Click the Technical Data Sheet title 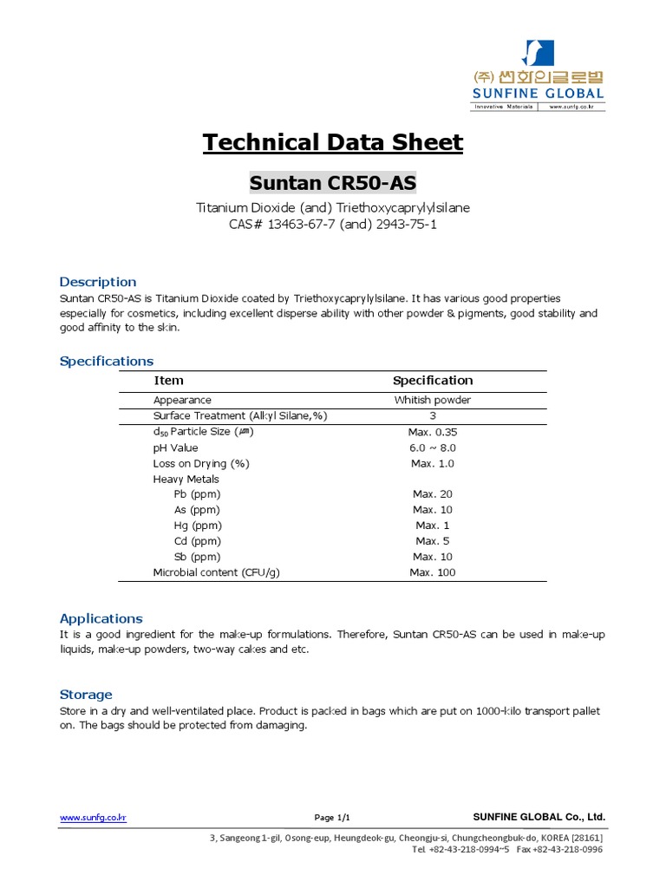coord(333,142)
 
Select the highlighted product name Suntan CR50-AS coord(333,183)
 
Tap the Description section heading coord(97,282)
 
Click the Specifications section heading coord(106,361)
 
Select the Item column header coord(168,381)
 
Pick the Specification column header coord(433,381)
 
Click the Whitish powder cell coord(433,401)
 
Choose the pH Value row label coord(176,448)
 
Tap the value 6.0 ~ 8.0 coord(433,448)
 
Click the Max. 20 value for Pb coord(433,494)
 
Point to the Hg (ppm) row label coord(198,526)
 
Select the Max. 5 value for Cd coord(433,541)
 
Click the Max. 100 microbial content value coord(433,572)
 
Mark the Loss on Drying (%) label coord(201,464)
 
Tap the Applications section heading coord(101,618)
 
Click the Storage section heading coord(86,695)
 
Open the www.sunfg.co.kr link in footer coord(93,818)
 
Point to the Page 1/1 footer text coord(332,818)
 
